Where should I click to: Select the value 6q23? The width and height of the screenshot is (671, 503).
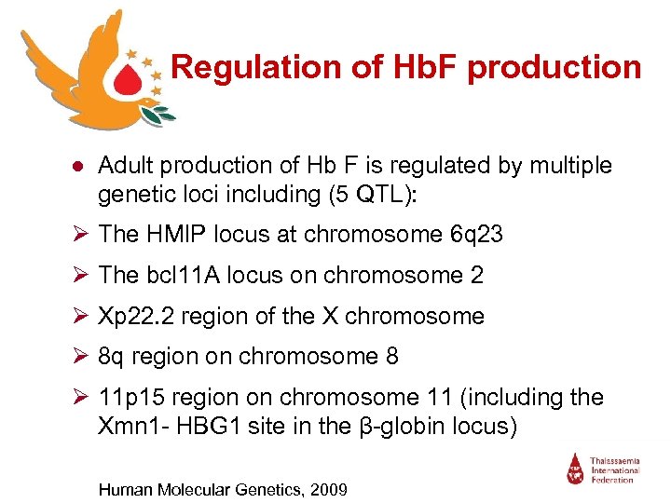(x=473, y=235)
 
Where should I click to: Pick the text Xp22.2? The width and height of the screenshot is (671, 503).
(x=136, y=316)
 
